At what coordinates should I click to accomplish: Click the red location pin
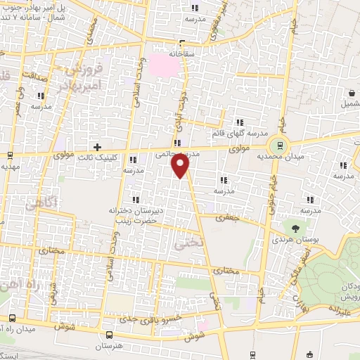[181, 166]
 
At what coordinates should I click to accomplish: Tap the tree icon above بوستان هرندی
[295, 228]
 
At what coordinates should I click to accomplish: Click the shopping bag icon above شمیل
[350, 93]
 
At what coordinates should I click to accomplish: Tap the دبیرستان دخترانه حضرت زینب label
[136, 215]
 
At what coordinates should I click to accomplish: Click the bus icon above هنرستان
[109, 335]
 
